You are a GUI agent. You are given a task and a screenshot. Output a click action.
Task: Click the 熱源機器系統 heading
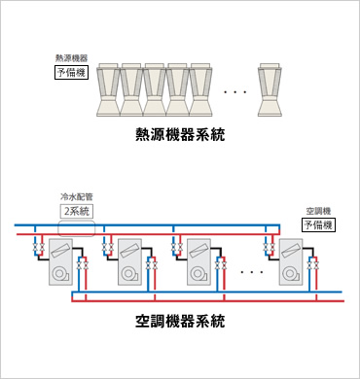tap(180, 136)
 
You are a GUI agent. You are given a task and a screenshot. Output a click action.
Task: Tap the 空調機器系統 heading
tap(180, 319)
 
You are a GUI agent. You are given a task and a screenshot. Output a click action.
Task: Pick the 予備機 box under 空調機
tap(318, 224)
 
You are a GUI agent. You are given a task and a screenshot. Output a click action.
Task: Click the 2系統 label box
tap(77, 211)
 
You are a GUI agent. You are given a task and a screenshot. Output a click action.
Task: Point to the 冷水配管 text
tap(77, 196)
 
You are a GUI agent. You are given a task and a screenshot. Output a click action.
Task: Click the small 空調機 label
tap(318, 210)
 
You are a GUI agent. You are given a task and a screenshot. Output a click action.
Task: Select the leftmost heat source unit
tap(109, 90)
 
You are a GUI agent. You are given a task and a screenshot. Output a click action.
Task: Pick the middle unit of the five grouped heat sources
tap(155, 90)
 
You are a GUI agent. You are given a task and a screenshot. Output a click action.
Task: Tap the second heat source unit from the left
tap(132, 90)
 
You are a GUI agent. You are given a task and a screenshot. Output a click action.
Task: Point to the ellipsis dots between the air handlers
tap(251, 272)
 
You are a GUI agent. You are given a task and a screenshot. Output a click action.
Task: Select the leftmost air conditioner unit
tap(60, 262)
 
